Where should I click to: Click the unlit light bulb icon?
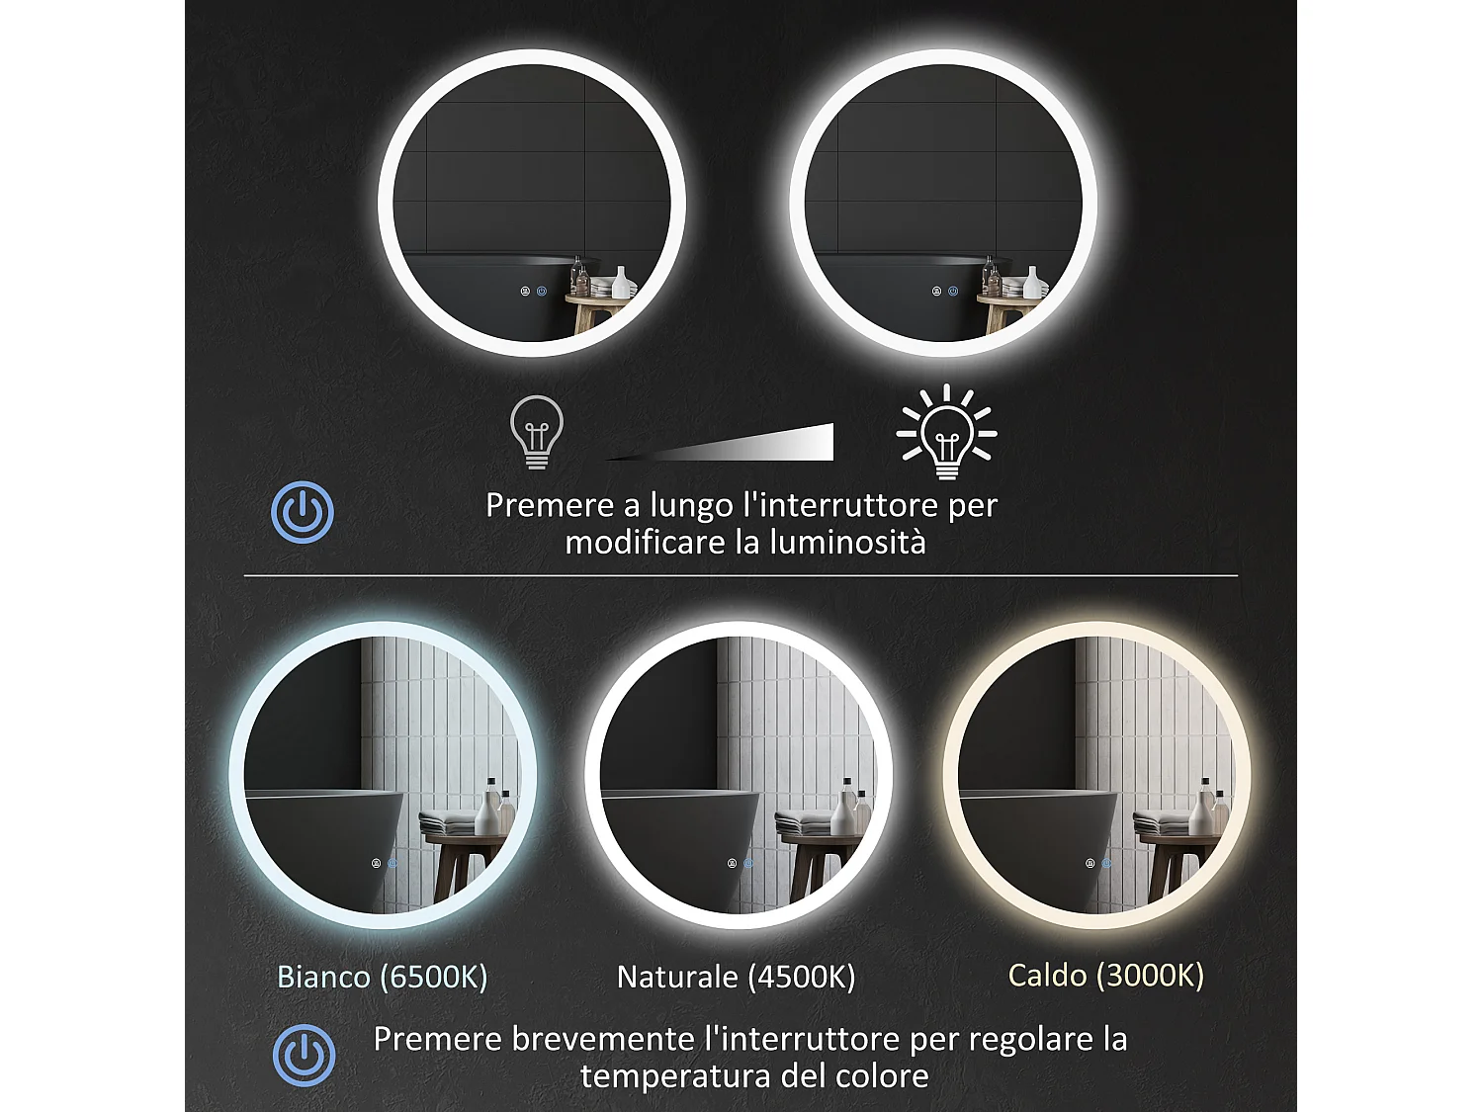[536, 431]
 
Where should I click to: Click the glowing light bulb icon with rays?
[946, 433]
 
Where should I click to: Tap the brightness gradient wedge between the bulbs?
[751, 445]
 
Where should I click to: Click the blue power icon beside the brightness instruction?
[303, 512]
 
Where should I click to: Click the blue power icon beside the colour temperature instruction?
[304, 1056]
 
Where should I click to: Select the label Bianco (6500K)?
[383, 977]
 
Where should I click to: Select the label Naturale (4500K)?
[736, 977]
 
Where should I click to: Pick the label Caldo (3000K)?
[1105, 976]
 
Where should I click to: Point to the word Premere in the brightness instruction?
[550, 505]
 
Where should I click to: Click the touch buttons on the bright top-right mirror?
[944, 292]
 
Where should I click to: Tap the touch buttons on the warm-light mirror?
[1097, 863]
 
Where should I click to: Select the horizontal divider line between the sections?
[741, 575]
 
